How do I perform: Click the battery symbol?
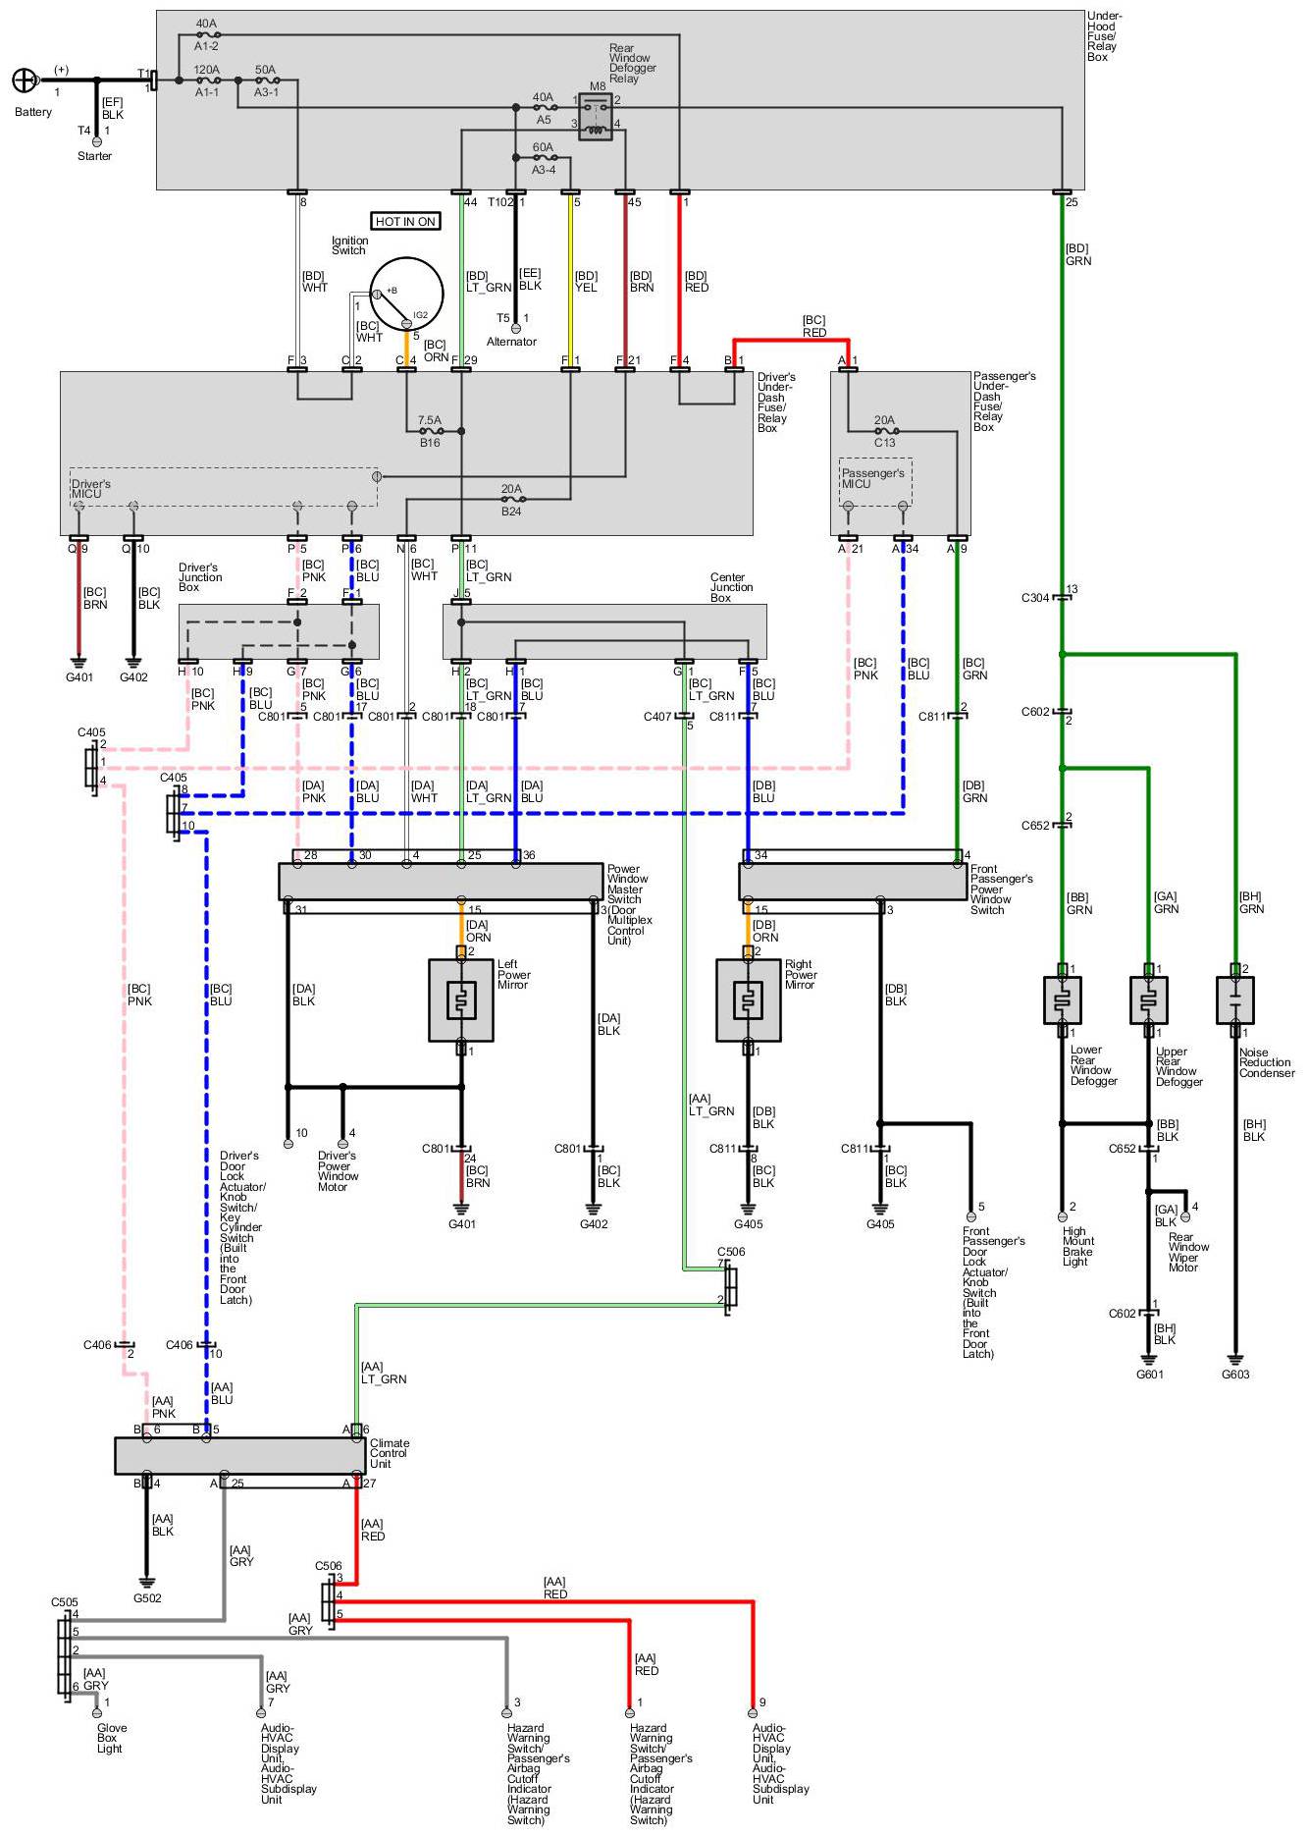tap(24, 81)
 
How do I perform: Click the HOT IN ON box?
tap(405, 222)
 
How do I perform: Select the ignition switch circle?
tap(406, 294)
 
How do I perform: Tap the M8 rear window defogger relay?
tap(596, 117)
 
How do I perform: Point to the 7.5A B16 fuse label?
tap(430, 431)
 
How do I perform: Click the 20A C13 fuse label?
tap(885, 431)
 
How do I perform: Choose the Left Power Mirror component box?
tap(461, 1000)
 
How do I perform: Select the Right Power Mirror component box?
tap(749, 1000)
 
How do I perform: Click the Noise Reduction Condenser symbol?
tap(1235, 1000)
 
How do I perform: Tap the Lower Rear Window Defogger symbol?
tap(1063, 1000)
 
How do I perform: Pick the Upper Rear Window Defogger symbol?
tap(1149, 1000)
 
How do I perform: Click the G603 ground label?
tap(1235, 1375)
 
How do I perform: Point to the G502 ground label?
tap(147, 1598)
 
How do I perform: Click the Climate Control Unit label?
tap(390, 1454)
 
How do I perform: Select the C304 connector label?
tap(1035, 598)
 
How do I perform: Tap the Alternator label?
tap(511, 342)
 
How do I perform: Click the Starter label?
tap(94, 156)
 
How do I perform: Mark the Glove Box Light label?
tap(111, 1739)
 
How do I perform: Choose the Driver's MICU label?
tap(90, 489)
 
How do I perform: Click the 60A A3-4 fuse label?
tap(544, 158)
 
